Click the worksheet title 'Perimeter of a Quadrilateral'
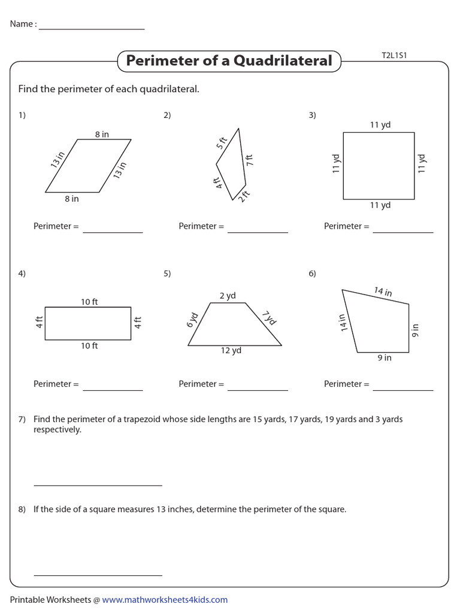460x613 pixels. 229,61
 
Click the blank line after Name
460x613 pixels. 91,28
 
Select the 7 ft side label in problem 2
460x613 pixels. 249,160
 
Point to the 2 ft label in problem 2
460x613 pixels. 244,196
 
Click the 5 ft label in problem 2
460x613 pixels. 222,143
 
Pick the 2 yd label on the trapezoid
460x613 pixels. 228,296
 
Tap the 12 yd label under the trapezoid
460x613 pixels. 231,351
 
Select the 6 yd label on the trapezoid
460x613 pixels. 193,320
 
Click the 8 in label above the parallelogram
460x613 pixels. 102,135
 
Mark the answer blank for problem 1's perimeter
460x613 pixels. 113,230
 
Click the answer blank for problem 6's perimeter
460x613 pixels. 402,389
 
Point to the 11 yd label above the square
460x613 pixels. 380,125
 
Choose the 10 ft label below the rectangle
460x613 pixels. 89,346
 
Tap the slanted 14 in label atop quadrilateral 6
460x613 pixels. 383,292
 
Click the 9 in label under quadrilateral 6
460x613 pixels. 384,358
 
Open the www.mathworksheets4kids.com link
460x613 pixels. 165,600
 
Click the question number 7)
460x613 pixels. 22,420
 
